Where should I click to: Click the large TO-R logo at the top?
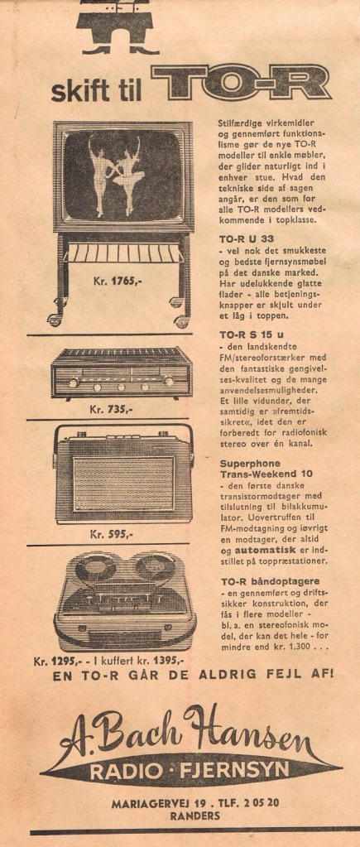pyautogui.click(x=242, y=83)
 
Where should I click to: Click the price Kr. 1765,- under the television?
pyautogui.click(x=114, y=281)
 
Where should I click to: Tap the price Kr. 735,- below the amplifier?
pyautogui.click(x=111, y=409)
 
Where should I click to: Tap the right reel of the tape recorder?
pyautogui.click(x=156, y=568)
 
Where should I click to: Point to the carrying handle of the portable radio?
pyautogui.click(x=122, y=430)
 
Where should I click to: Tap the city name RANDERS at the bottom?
pyautogui.click(x=194, y=816)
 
